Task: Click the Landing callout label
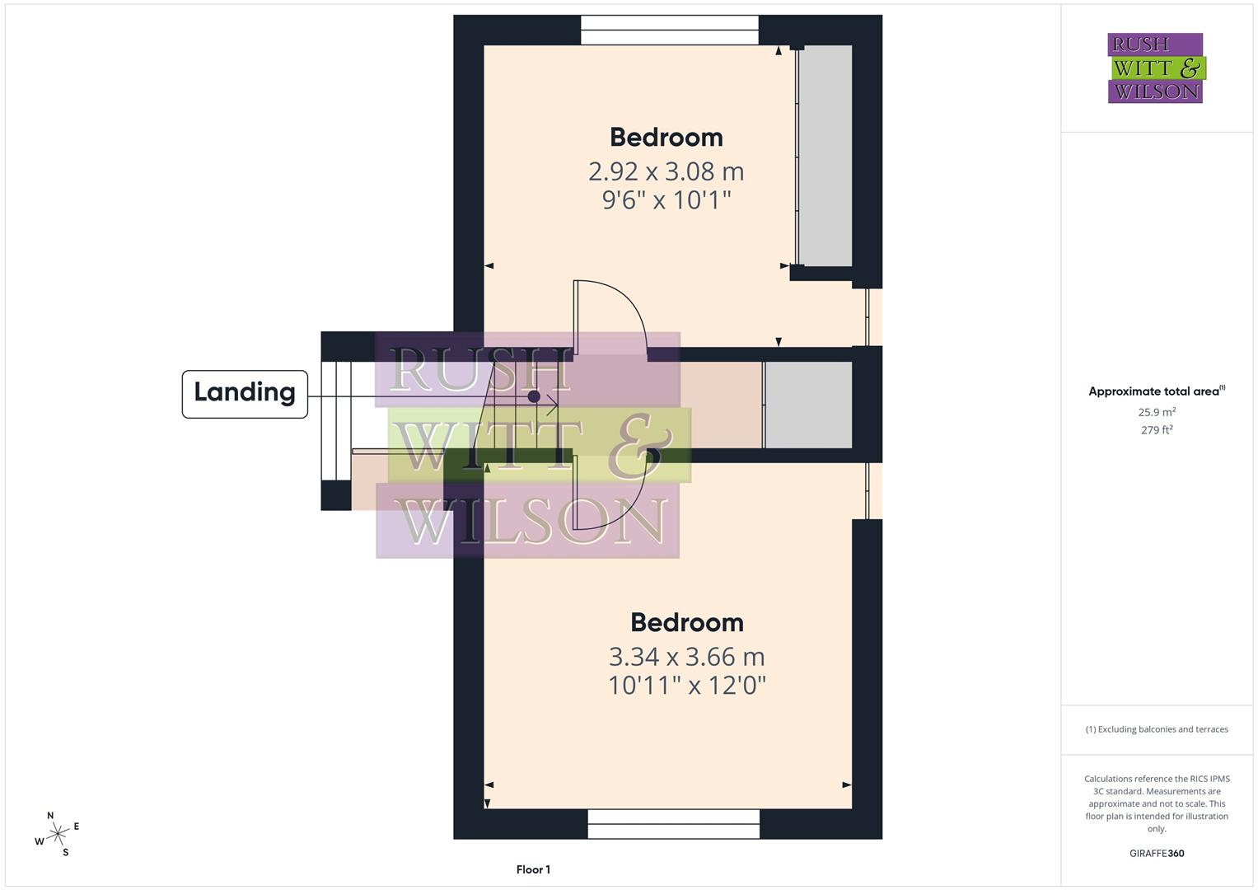pos(245,393)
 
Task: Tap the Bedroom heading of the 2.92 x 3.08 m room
pos(666,137)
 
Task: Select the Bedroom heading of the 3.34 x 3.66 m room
pos(686,622)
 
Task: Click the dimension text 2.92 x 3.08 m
pos(666,171)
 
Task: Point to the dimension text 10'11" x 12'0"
pos(686,685)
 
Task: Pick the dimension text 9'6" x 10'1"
pos(666,199)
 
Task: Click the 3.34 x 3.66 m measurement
pos(686,657)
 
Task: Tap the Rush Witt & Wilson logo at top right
pos(1155,68)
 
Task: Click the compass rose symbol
pos(57,834)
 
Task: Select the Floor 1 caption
pos(533,869)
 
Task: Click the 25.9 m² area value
pos(1157,412)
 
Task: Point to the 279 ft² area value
pos(1157,429)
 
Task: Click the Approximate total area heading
pos(1156,391)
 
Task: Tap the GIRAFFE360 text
pos(1157,853)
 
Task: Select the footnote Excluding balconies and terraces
pos(1157,729)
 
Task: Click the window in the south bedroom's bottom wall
pos(673,823)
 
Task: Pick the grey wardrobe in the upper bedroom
pos(825,156)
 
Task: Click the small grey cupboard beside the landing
pos(808,405)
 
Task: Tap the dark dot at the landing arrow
pos(534,396)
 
